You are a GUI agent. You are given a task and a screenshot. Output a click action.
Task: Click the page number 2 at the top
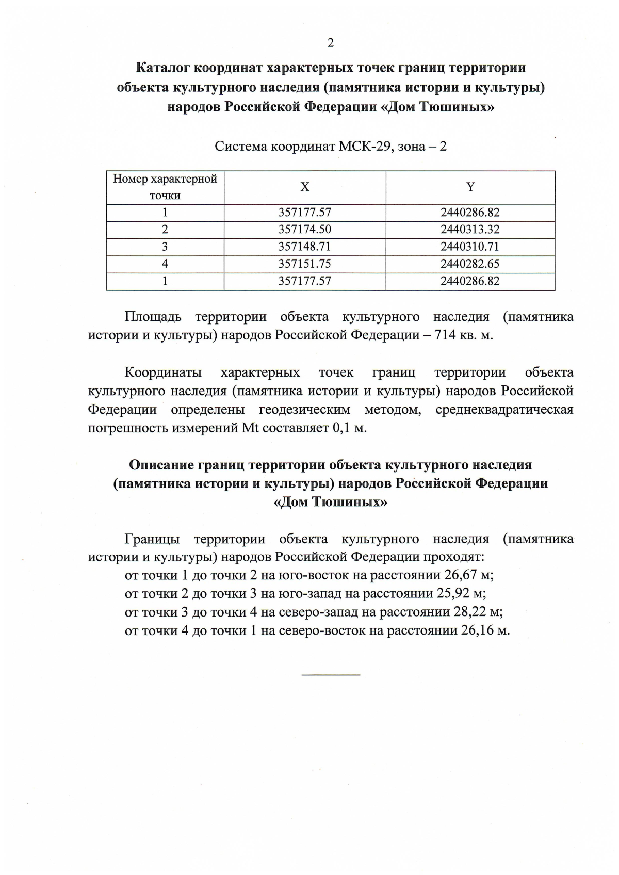[x=331, y=43]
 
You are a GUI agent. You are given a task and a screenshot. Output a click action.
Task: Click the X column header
[x=305, y=187]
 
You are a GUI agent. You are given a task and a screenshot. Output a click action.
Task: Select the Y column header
[x=470, y=187]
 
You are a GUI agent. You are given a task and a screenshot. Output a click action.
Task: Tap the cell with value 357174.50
[x=305, y=230]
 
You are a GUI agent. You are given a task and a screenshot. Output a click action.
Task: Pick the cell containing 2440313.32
[x=470, y=230]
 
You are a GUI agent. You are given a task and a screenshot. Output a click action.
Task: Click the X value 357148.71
[x=305, y=247]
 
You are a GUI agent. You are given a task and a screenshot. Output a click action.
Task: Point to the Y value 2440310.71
[x=470, y=247]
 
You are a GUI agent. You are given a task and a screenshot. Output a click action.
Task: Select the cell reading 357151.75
[x=305, y=264]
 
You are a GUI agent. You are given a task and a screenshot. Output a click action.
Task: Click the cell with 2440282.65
[x=470, y=264]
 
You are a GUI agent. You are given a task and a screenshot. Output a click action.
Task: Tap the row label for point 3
[x=165, y=247]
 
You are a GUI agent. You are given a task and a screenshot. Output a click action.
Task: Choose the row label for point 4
[x=165, y=264]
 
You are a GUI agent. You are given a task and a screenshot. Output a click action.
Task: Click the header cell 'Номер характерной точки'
[x=165, y=187]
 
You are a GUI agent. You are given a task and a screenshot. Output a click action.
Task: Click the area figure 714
[x=446, y=335]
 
